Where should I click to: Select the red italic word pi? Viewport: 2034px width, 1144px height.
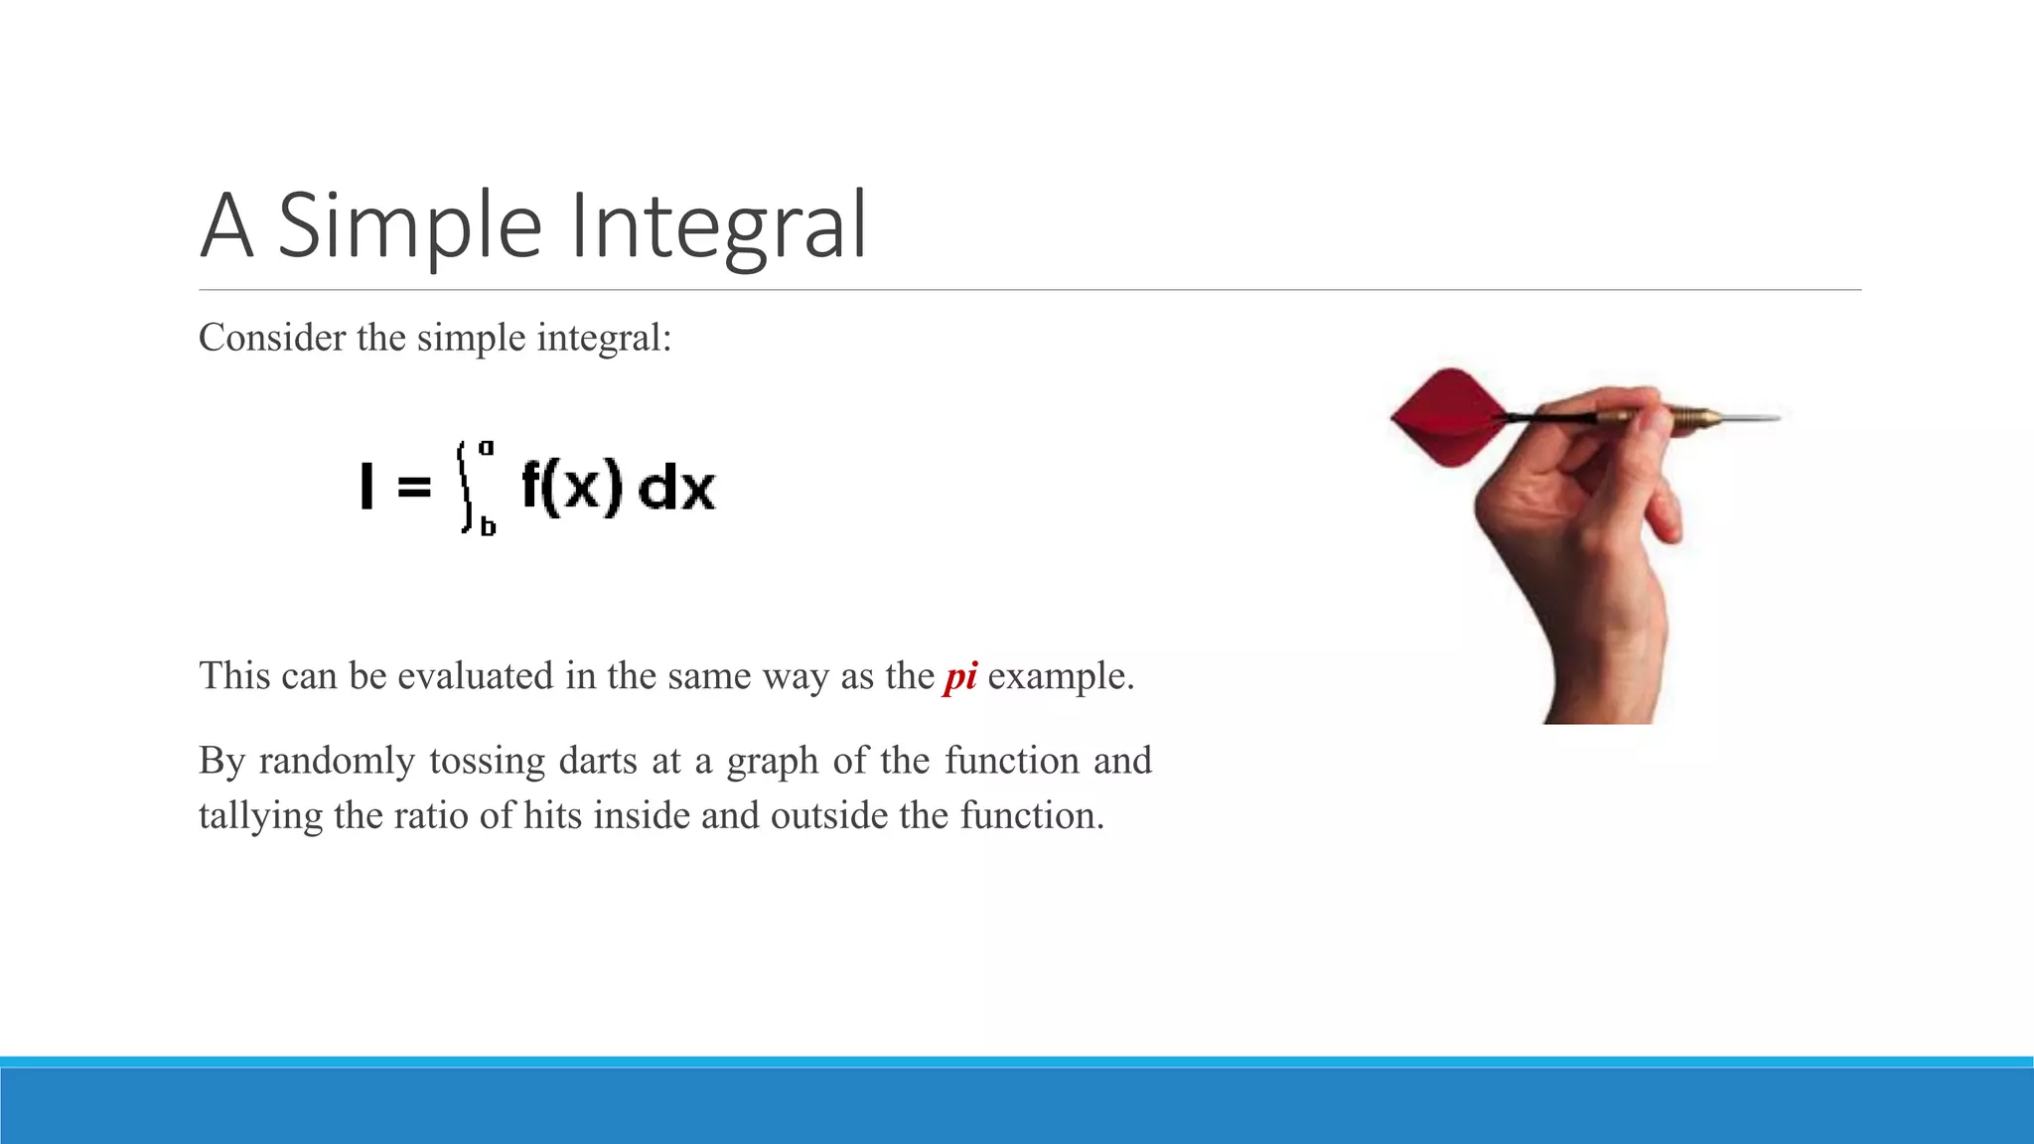tap(960, 676)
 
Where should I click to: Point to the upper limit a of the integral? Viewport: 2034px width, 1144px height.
tap(487, 448)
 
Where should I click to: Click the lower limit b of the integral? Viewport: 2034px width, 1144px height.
tap(488, 526)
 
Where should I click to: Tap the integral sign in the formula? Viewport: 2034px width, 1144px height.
tap(465, 487)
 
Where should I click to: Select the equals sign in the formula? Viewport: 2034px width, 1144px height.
tap(414, 488)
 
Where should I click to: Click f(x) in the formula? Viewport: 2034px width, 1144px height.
tap(572, 487)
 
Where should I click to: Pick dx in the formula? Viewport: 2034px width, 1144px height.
tap(675, 489)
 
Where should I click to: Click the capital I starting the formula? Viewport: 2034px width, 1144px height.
tap(366, 487)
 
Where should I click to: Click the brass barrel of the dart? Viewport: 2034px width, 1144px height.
tap(1694, 417)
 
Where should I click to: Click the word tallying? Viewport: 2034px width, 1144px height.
tap(260, 816)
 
